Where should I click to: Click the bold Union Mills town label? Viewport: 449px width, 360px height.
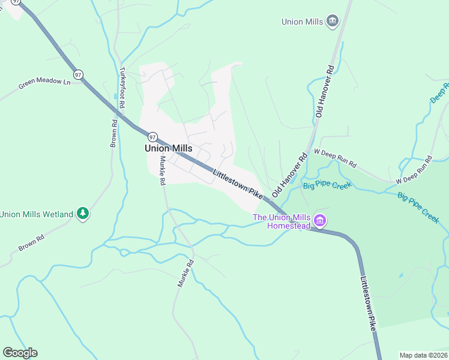168,148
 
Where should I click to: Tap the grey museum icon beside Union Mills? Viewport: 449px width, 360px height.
332,22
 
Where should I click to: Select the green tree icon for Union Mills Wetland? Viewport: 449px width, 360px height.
83,214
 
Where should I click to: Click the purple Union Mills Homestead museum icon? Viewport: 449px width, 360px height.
321,221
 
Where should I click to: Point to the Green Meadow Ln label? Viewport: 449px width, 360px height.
44,82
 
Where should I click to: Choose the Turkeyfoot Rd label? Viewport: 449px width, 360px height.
122,88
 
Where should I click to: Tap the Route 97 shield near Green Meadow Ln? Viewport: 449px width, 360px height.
79,74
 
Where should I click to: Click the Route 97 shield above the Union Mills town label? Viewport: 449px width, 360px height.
152,136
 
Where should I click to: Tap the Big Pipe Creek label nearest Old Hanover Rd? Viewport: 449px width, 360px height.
327,186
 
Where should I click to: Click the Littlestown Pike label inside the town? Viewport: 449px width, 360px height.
238,184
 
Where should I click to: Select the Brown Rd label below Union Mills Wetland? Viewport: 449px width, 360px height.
32,238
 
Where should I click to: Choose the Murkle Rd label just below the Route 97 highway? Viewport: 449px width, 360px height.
162,171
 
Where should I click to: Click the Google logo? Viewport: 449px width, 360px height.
20,353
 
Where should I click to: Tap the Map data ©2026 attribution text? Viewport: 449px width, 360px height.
423,355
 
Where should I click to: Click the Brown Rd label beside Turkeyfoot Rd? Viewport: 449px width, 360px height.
113,133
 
